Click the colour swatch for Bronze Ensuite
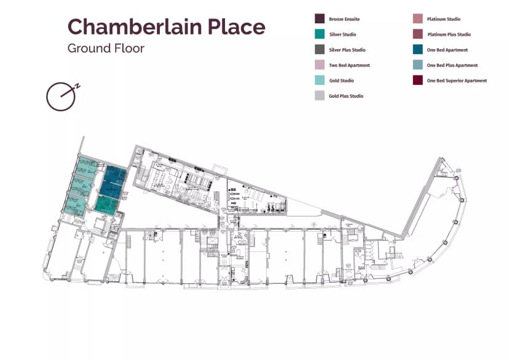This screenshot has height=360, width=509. (320, 19)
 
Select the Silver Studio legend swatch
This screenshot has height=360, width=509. (320, 34)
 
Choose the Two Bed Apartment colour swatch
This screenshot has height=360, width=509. (320, 65)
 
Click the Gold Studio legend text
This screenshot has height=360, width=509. (341, 80)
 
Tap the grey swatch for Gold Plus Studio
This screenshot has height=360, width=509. (320, 96)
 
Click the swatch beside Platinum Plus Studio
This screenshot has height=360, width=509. (417, 34)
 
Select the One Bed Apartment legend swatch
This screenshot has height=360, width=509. (417, 50)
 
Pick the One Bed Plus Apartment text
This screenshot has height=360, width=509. (452, 65)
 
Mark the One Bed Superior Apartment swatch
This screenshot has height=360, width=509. (417, 80)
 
